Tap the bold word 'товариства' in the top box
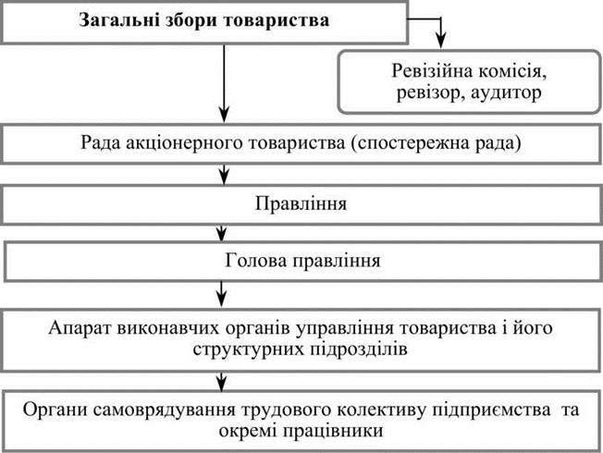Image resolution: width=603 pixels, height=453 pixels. pyautogui.click(x=277, y=20)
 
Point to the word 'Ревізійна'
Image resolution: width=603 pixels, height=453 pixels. pyautogui.click(x=432, y=71)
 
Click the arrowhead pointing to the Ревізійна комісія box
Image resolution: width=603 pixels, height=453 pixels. pyautogui.click(x=441, y=41)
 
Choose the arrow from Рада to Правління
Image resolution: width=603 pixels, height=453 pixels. pyautogui.click(x=224, y=174)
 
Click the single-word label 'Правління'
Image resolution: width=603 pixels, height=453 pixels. pyautogui.click(x=301, y=203)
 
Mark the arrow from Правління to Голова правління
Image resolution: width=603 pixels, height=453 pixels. pyautogui.click(x=221, y=233)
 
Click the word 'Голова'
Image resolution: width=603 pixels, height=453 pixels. pyautogui.click(x=256, y=261)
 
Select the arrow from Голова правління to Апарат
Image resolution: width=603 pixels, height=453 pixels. pyautogui.click(x=221, y=294)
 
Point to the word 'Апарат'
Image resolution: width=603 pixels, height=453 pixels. pyautogui.click(x=80, y=328)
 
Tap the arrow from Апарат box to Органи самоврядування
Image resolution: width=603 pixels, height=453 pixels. pyautogui.click(x=221, y=382)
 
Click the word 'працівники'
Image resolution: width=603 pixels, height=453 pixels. pyautogui.click(x=333, y=431)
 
